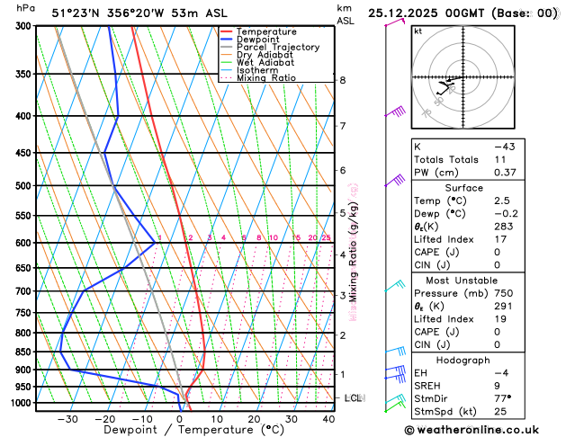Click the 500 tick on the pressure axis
[23, 186]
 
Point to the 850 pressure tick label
[23, 352]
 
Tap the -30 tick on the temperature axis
[67, 419]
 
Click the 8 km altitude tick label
[342, 80]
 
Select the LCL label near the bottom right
[353, 397]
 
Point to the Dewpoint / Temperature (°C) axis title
[176, 430]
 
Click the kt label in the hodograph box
[418, 31]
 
